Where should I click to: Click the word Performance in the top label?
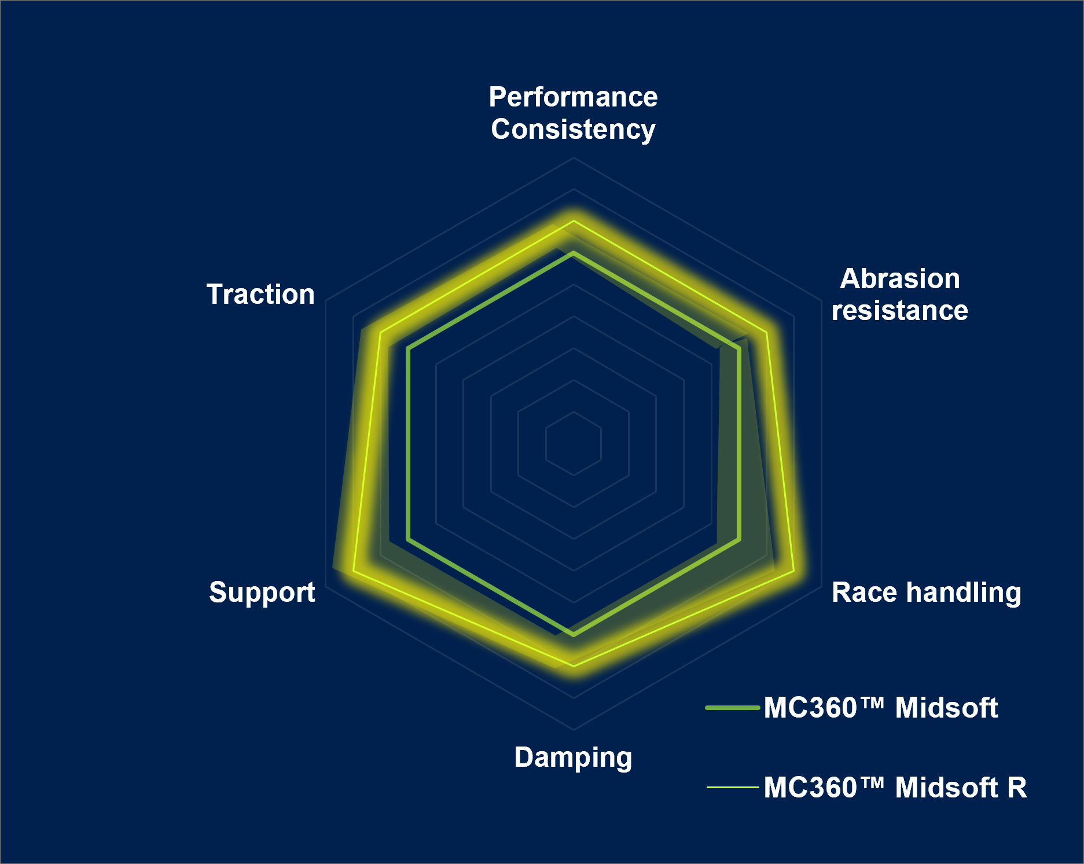(573, 97)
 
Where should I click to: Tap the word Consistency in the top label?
(573, 129)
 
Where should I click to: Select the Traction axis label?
(261, 294)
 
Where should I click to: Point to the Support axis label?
(262, 593)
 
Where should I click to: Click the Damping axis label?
(573, 758)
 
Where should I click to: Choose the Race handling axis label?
(927, 593)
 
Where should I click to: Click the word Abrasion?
(900, 278)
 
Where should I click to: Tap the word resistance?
(900, 310)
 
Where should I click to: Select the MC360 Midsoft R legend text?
(895, 788)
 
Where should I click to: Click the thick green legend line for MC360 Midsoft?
(733, 708)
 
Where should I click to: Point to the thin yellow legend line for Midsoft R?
(733, 787)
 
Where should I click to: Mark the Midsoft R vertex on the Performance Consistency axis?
(574, 222)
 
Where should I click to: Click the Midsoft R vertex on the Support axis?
(354, 572)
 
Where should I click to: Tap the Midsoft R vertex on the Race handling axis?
(793, 572)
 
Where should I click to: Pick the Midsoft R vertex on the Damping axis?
(574, 666)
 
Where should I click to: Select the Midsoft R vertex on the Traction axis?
(380, 333)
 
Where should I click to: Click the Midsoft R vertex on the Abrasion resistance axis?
(766, 333)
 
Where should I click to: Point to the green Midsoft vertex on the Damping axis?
(574, 635)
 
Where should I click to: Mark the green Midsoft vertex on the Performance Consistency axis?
(574, 253)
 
